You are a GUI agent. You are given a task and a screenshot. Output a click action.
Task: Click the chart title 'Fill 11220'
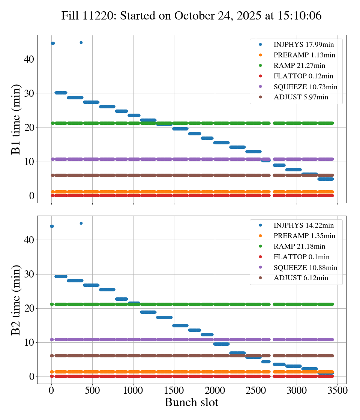(x=191, y=16)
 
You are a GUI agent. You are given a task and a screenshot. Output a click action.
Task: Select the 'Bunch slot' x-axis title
(x=191, y=402)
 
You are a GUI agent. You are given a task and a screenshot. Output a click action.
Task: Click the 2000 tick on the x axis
(x=215, y=390)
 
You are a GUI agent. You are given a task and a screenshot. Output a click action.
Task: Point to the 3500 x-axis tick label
(x=337, y=390)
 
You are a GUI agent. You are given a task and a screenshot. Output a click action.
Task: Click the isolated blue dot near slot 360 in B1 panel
(x=81, y=42)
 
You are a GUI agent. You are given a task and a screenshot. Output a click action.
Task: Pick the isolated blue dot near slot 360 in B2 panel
(x=81, y=223)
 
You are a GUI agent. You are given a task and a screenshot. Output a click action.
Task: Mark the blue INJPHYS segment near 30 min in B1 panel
(x=61, y=93)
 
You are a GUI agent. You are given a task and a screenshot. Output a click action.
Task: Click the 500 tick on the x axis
(x=92, y=390)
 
